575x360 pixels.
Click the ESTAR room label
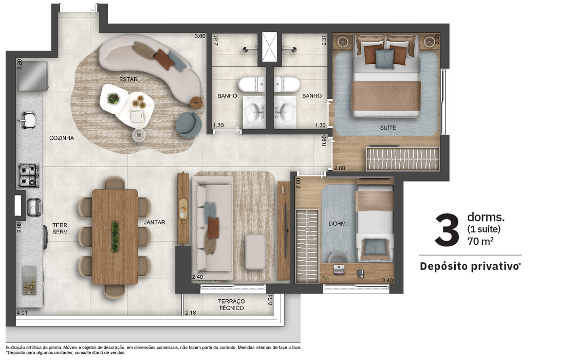pos(128,79)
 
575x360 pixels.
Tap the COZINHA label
pos(62,138)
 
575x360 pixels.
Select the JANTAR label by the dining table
pos(154,222)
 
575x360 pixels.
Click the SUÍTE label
pos(388,128)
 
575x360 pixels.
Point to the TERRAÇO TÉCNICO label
pos(231,304)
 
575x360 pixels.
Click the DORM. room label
pos(338,224)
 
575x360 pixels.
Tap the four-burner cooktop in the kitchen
pos(29,175)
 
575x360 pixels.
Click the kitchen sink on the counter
pos(27,120)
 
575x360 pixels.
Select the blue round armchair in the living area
pos(189,124)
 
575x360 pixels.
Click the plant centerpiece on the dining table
pos(115,237)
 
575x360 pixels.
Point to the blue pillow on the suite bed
pos(384,59)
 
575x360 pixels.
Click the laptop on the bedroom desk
pos(339,270)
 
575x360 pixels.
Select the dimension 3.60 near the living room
pos(200,36)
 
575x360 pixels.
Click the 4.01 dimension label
pos(22,313)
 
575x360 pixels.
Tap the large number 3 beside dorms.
pos(447,230)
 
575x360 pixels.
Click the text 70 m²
pos(480,241)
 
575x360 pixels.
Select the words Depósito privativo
pos(469,266)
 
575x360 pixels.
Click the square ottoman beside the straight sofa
pos(255,252)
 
